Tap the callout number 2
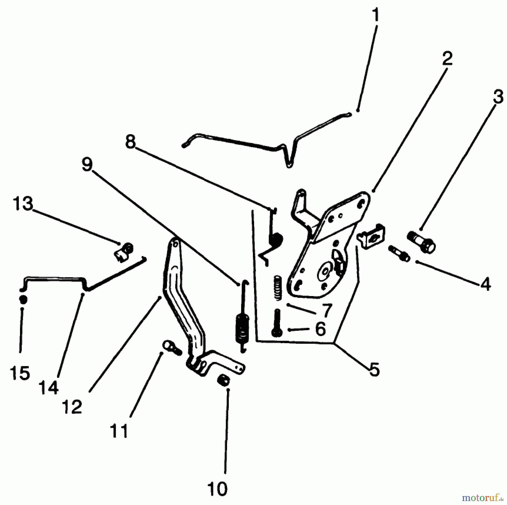pos(447,58)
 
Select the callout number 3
pos(498,97)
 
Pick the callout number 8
pos(130,142)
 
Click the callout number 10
pos(217,489)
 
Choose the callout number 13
pos(23,204)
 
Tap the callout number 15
pos(20,373)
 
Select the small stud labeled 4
pos(399,253)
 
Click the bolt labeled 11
pos(172,348)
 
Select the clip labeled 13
pos(124,252)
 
